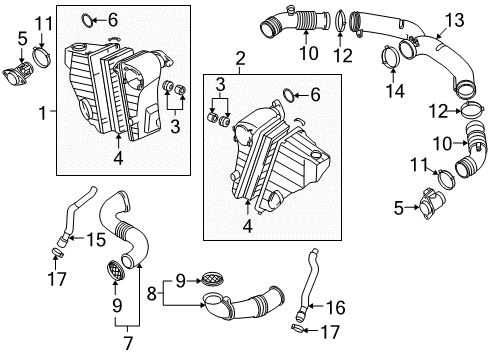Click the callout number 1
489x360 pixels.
pyautogui.click(x=43, y=113)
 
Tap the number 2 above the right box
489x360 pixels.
pyautogui.click(x=240, y=59)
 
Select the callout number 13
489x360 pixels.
pyautogui.click(x=454, y=20)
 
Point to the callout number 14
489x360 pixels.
pyautogui.click(x=395, y=91)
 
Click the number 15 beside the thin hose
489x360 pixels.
pyautogui.click(x=96, y=239)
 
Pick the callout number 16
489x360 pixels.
pyautogui.click(x=336, y=307)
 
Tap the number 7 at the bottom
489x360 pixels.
pyautogui.click(x=128, y=343)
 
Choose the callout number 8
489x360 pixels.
pyautogui.click(x=152, y=294)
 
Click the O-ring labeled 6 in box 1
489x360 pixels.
pyautogui.click(x=88, y=20)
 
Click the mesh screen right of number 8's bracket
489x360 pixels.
pyautogui.click(x=213, y=278)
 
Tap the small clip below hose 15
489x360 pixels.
pyautogui.click(x=57, y=252)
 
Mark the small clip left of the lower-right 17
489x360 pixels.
pyautogui.click(x=297, y=328)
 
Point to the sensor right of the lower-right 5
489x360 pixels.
pyautogui.click(x=431, y=203)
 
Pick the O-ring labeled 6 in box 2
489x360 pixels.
pyautogui.click(x=289, y=94)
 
